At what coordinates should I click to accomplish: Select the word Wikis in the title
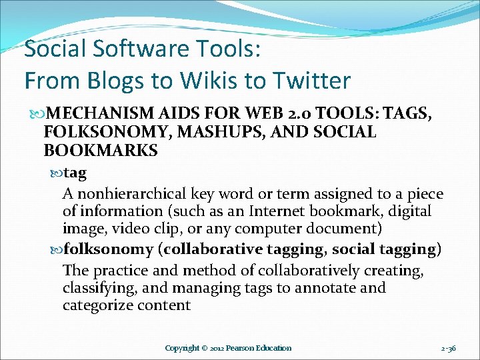[x=204, y=81]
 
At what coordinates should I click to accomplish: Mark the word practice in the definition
[x=116, y=271]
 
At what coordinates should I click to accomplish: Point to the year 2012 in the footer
[x=213, y=348]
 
